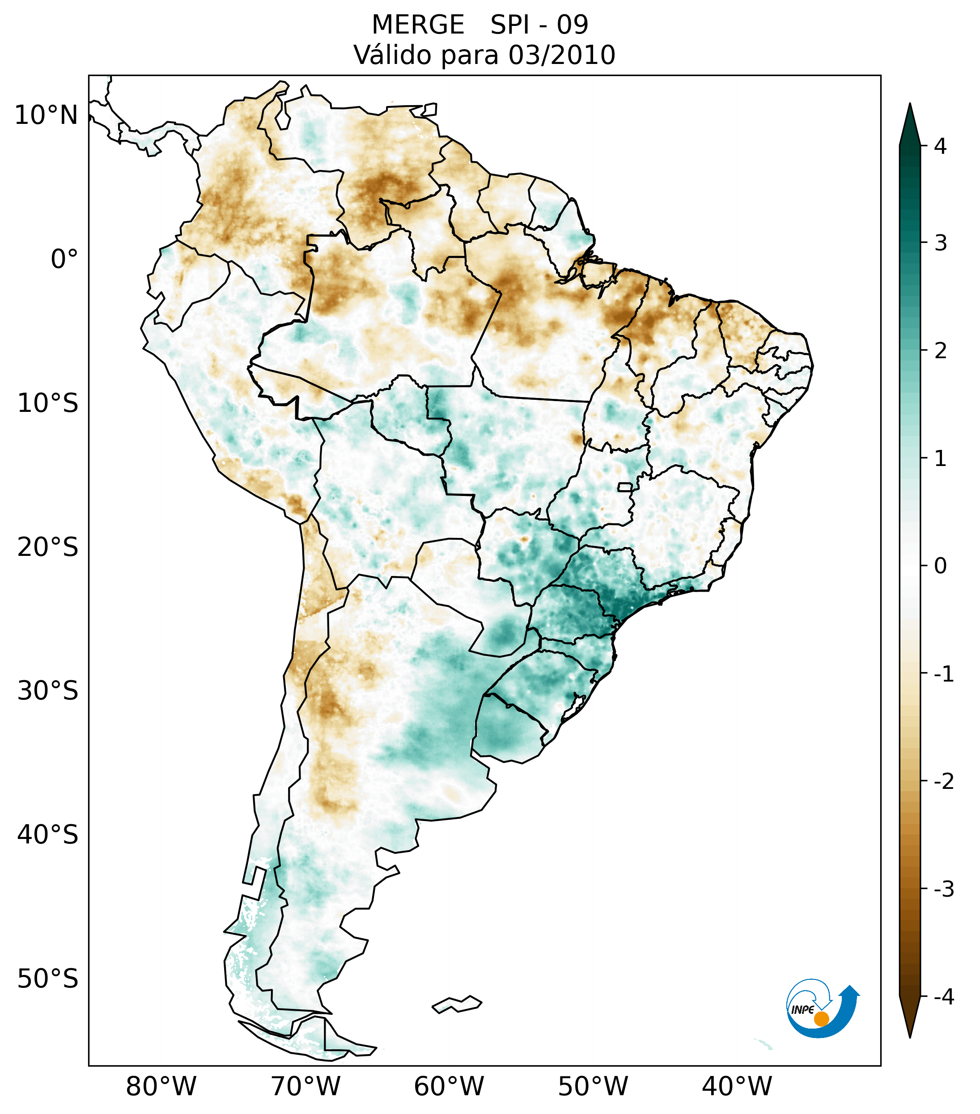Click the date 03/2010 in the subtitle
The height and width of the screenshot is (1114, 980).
point(562,55)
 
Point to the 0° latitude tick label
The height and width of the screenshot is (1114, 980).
point(64,259)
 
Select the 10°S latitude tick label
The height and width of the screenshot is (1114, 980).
point(48,403)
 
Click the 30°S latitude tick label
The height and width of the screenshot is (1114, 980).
point(48,691)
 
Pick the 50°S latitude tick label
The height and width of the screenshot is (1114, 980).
point(48,979)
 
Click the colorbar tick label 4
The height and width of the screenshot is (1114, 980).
point(940,146)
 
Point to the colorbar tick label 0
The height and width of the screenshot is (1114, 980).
point(940,566)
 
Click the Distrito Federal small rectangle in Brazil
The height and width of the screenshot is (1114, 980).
point(625,487)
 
